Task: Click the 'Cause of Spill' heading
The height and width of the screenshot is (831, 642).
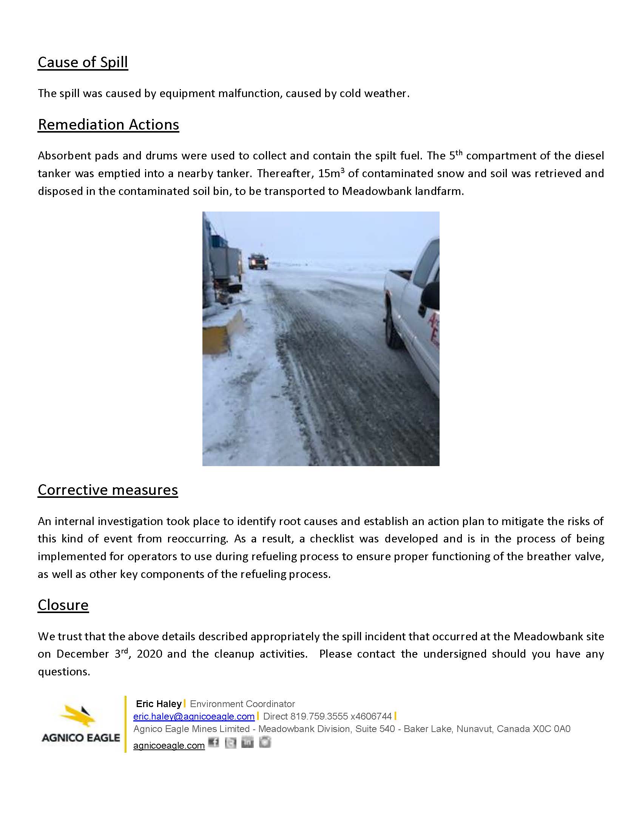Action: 83,62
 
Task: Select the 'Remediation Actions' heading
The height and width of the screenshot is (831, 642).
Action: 108,125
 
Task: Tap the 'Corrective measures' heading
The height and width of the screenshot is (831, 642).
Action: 108,490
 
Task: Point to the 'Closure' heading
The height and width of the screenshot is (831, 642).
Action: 63,605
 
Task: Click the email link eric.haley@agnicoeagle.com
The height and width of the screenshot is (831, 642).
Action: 194,717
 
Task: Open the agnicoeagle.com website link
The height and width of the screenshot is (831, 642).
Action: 169,746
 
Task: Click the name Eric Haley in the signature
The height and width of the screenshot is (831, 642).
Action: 159,704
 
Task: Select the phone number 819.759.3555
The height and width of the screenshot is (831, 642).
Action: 319,717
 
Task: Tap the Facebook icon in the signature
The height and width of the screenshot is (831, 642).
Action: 214,742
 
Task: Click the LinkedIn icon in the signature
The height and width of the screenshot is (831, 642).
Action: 248,742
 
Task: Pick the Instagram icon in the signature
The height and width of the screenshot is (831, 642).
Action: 265,742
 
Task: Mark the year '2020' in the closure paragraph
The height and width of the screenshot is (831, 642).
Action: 150,654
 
